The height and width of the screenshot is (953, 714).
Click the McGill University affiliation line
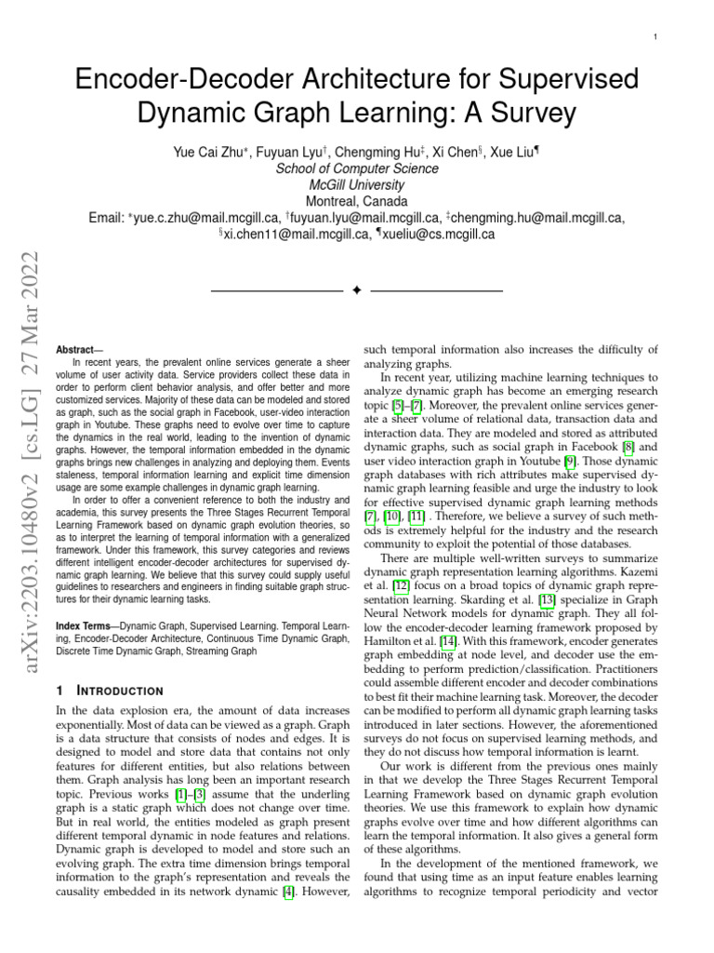[x=357, y=184]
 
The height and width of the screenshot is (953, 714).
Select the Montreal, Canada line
[x=357, y=201]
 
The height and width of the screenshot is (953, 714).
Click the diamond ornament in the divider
[x=357, y=291]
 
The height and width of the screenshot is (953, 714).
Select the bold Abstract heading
[x=80, y=349]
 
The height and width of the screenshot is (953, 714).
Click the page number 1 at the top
[x=656, y=36]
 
